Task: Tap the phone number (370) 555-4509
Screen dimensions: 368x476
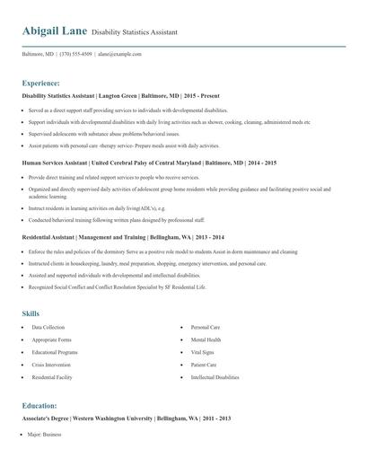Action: [75, 54]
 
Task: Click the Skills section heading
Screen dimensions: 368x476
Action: [31, 313]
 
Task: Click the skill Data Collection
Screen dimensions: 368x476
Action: [48, 328]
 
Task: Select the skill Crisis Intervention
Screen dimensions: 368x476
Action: [51, 366]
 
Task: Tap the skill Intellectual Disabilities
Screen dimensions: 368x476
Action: [215, 378]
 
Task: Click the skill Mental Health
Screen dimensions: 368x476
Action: [206, 340]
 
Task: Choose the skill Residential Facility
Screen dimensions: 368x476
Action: [52, 378]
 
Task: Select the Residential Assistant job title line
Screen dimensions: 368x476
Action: [123, 236]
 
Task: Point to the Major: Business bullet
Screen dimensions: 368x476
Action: [45, 435]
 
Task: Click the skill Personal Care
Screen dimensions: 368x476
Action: [206, 328]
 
